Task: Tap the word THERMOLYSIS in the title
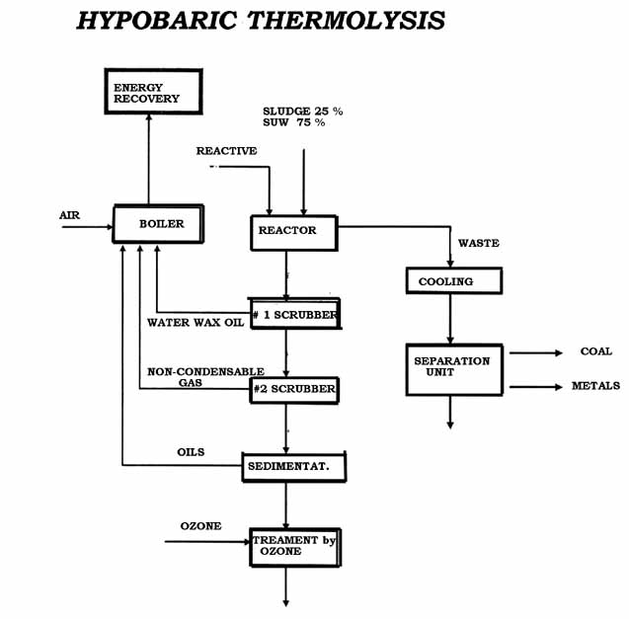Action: click(x=347, y=20)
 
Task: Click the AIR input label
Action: click(x=69, y=215)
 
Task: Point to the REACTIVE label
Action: click(x=227, y=151)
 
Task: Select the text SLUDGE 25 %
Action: click(x=303, y=112)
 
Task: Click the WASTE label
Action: click(x=479, y=243)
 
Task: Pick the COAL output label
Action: click(x=596, y=351)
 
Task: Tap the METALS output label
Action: click(x=595, y=386)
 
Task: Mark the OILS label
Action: click(x=191, y=452)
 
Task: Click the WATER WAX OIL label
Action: click(x=196, y=323)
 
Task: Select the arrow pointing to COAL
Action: click(x=536, y=353)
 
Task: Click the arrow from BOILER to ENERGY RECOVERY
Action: click(x=149, y=159)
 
